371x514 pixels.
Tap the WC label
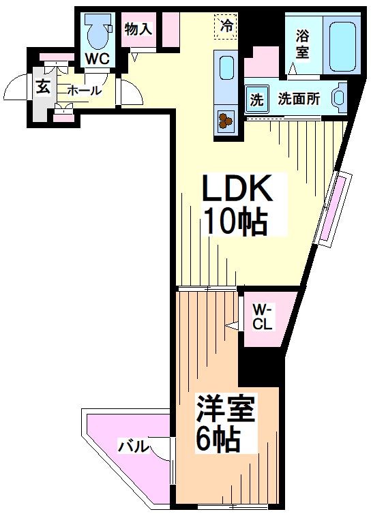pyautogui.click(x=96, y=59)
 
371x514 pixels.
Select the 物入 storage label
pyautogui.click(x=138, y=29)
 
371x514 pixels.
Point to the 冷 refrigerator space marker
pyautogui.click(x=226, y=27)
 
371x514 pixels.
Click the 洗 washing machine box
pyautogui.click(x=256, y=99)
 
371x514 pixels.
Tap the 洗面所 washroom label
pyautogui.click(x=298, y=99)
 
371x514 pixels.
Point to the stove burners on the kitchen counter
pyautogui.click(x=226, y=121)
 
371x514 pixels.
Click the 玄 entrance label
pyautogui.click(x=42, y=88)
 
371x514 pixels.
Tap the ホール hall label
pyautogui.click(x=84, y=90)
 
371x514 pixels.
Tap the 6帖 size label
pyautogui.click(x=218, y=440)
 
